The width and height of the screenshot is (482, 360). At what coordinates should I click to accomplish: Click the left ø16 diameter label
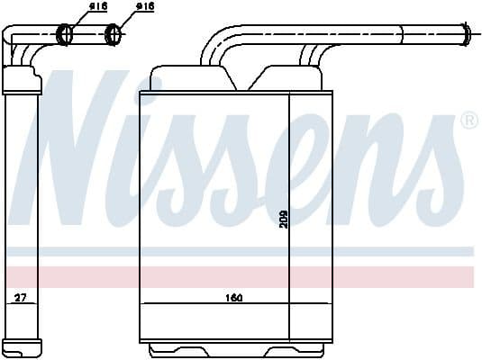[x=97, y=7]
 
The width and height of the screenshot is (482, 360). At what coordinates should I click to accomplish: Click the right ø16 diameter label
[x=144, y=7]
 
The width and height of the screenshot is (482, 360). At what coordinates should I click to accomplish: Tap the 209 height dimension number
[x=283, y=219]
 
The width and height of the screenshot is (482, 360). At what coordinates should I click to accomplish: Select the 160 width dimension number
[x=233, y=298]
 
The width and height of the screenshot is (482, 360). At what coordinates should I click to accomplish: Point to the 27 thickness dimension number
[x=20, y=298]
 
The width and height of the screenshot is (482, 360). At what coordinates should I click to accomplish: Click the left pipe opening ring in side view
[x=66, y=35]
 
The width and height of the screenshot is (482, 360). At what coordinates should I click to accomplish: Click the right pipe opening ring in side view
[x=114, y=35]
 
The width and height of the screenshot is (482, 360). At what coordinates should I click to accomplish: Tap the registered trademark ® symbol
[x=468, y=120]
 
